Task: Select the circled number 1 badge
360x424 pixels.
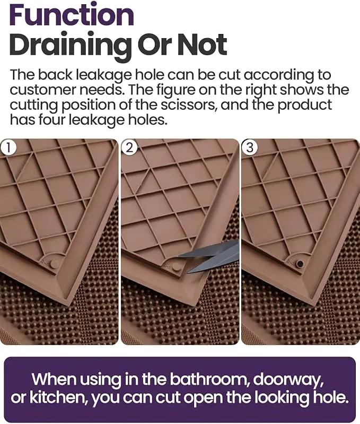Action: (8, 148)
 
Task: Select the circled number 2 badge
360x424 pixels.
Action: (129, 148)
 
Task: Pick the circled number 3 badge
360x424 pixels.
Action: (250, 148)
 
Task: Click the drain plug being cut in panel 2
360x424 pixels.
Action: (176, 266)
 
